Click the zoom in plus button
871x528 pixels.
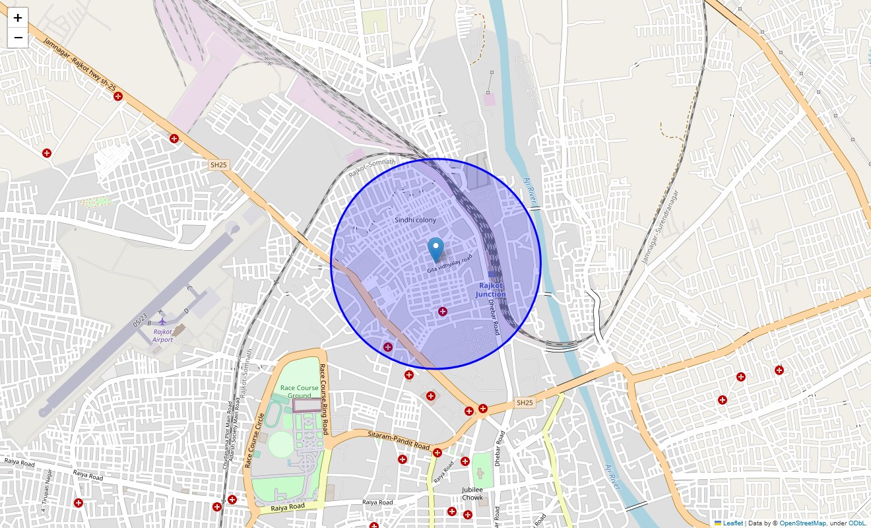(x=18, y=18)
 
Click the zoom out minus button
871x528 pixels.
(x=18, y=38)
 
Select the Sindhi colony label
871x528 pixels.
(x=415, y=220)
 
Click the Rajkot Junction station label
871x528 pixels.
(x=491, y=290)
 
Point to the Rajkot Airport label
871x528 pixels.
(x=162, y=336)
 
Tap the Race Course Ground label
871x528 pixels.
(x=299, y=392)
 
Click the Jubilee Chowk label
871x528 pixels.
(x=472, y=493)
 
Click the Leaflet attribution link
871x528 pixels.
(x=732, y=523)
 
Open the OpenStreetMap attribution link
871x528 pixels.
(x=802, y=523)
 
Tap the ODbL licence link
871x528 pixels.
(x=857, y=523)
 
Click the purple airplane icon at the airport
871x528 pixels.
(x=162, y=321)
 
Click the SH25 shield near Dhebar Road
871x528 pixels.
(x=524, y=403)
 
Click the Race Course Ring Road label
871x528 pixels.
(x=323, y=400)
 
